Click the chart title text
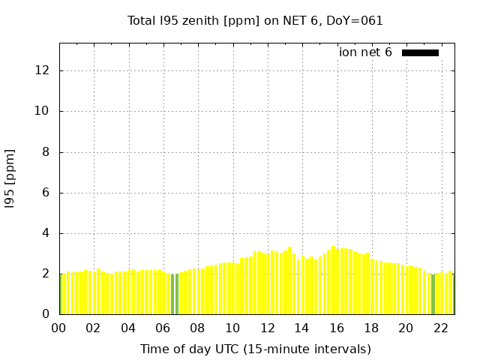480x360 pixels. pos(255,21)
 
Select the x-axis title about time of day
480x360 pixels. pos(255,349)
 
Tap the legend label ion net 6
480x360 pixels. pos(365,52)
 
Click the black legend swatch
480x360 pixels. pos(420,52)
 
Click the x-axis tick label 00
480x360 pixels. pos(58,328)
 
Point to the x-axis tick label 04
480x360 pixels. pos(128,328)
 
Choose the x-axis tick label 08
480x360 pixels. pos(197,328)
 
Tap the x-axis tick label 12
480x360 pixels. pos(267,328)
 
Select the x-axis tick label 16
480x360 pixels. pos(337,328)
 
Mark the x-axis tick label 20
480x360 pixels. pos(406,328)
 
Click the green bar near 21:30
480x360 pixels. pos(433,294)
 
